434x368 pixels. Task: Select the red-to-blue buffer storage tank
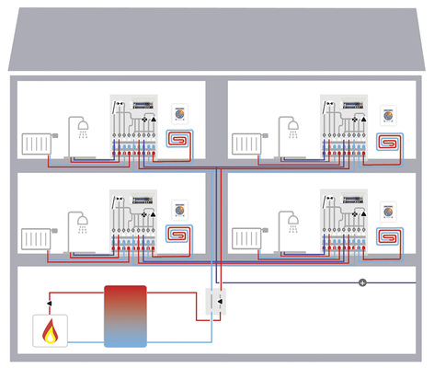[x=126, y=316]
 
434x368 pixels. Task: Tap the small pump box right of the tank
[x=220, y=303]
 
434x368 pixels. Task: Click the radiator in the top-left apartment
[x=36, y=144]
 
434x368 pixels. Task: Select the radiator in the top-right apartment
[x=247, y=144]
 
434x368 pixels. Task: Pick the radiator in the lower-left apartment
[x=36, y=236]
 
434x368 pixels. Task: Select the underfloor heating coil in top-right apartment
[x=391, y=141]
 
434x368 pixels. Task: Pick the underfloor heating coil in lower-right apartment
[x=391, y=234]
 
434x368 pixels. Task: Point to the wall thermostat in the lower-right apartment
[x=391, y=206]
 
